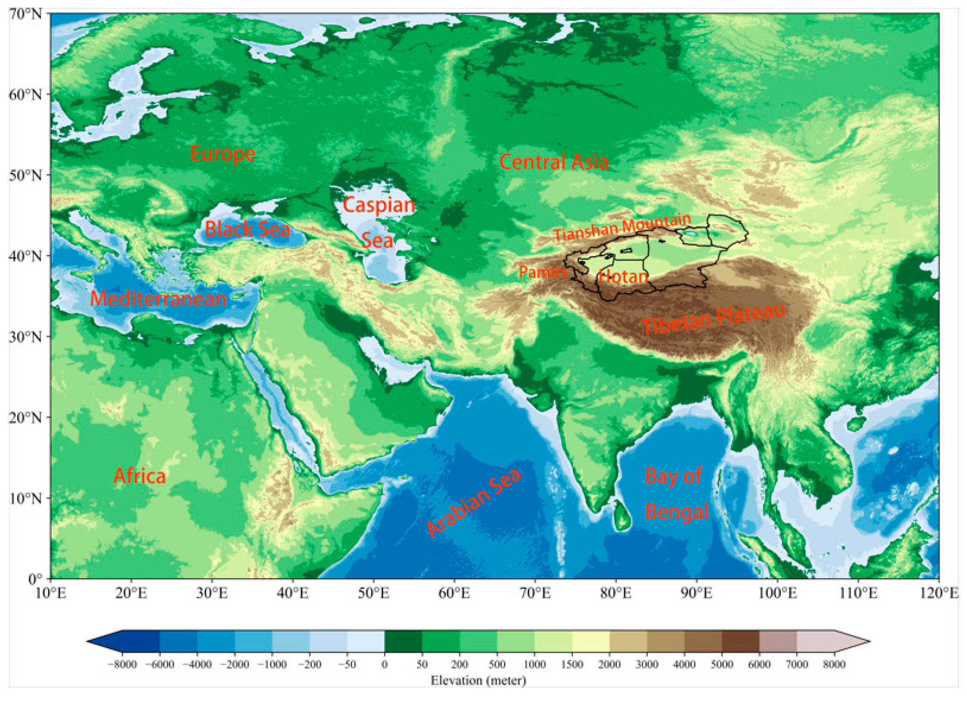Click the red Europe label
[x=223, y=154]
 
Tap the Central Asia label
[x=554, y=162]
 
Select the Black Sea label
[x=247, y=229]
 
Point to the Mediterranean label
[x=158, y=299]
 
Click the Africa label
[x=139, y=476]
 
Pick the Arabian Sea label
[x=474, y=503]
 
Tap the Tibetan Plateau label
[x=713, y=319]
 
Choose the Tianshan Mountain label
[x=622, y=228]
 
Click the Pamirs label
[x=543, y=272]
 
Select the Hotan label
[x=623, y=276]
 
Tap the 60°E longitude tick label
[x=454, y=594]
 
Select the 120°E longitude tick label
[x=939, y=594]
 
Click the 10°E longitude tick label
[x=51, y=594]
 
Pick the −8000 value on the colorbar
[x=122, y=664]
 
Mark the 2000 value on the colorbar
[x=609, y=664]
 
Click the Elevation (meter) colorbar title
[x=478, y=681]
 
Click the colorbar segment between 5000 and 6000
[x=740, y=641]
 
